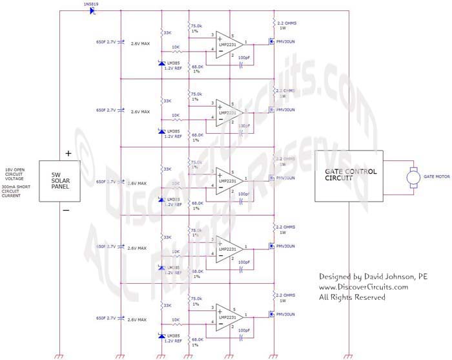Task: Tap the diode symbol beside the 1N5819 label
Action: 93,11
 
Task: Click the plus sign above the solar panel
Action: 67,154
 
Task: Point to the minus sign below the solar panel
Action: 66,210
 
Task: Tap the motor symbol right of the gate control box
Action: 412,176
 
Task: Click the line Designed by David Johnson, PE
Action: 373,277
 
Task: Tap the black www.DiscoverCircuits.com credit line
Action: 364,287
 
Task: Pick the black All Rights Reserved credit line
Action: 352,297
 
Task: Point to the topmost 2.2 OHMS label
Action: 287,23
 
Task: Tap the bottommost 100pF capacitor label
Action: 244,330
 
